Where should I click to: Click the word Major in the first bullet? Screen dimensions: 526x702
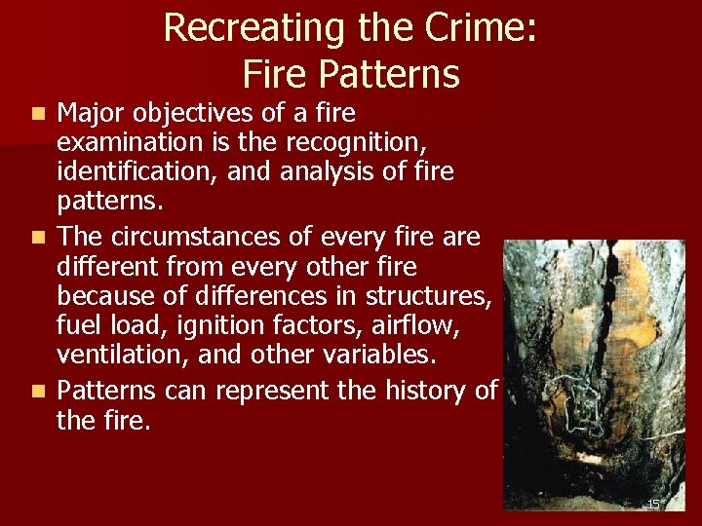97,114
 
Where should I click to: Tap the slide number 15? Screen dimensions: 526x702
653,504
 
